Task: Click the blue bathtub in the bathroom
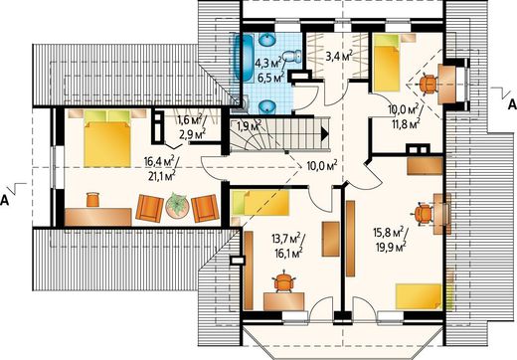click(x=244, y=57)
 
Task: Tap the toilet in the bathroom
click(x=292, y=56)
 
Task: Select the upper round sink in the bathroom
click(x=267, y=40)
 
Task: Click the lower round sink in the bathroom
click(x=267, y=107)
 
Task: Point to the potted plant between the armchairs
click(x=177, y=206)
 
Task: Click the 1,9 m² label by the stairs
click(x=250, y=125)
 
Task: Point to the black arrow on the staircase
click(x=325, y=133)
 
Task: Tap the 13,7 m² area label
click(x=286, y=239)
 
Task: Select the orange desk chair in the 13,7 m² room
click(x=284, y=281)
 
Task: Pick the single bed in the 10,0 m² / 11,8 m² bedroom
click(x=387, y=63)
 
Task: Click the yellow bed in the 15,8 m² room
click(x=420, y=296)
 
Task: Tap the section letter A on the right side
click(x=512, y=104)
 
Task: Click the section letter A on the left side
click(x=4, y=200)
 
